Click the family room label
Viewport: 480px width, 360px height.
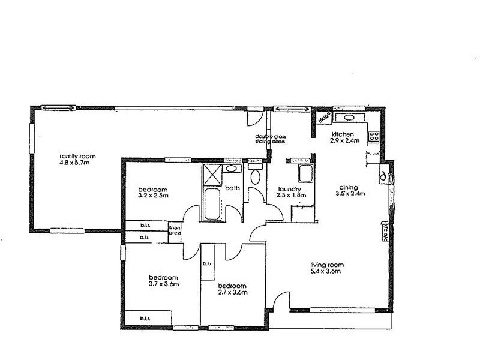[77, 156]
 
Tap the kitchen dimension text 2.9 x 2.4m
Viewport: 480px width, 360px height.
[344, 141]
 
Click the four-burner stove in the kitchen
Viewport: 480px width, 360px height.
[373, 136]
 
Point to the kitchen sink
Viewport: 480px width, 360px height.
[347, 117]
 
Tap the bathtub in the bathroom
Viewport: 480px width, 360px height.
[213, 205]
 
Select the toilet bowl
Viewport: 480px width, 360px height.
[255, 177]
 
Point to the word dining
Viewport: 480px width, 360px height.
[347, 186]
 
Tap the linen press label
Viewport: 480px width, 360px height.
[175, 231]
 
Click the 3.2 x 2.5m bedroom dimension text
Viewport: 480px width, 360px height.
[152, 196]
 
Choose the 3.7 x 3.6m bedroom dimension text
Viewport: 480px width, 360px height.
[164, 284]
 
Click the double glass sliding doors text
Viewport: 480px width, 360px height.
[271, 140]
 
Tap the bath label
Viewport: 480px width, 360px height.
[232, 188]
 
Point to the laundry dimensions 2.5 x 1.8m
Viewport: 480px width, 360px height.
[291, 195]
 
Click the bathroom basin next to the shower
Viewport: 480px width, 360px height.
[231, 169]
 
